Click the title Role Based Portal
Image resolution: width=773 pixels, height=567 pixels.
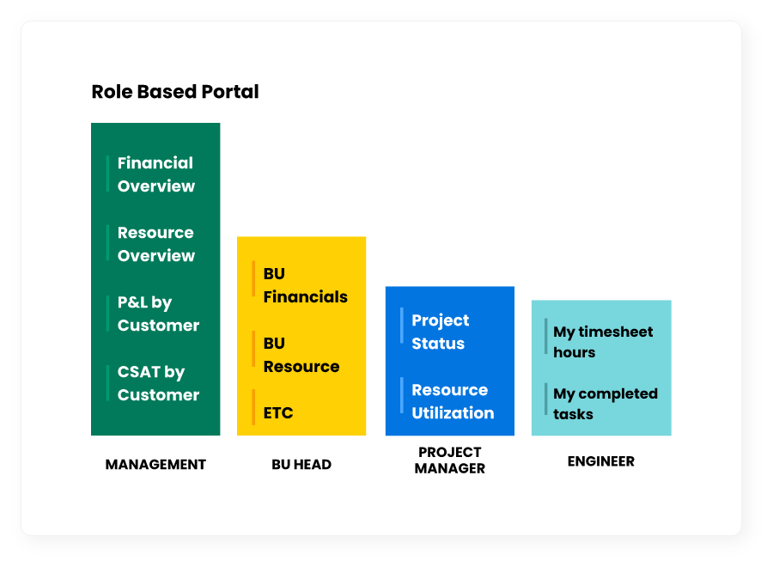pyautogui.click(x=175, y=92)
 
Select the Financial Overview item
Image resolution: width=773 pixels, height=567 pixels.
pyautogui.click(x=155, y=174)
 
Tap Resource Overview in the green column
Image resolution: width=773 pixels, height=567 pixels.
pyautogui.click(x=155, y=244)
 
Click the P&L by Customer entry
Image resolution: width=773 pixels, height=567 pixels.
pyautogui.click(x=158, y=314)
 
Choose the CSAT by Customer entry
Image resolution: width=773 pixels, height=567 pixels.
pyautogui.click(x=158, y=384)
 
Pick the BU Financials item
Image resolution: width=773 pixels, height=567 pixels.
pyautogui.click(x=305, y=285)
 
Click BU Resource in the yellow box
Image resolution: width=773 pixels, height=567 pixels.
pyautogui.click(x=301, y=355)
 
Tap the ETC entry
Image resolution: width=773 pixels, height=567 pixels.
pyautogui.click(x=278, y=412)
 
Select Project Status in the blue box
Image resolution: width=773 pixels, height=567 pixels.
pyautogui.click(x=441, y=332)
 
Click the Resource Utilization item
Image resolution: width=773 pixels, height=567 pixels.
pyautogui.click(x=453, y=401)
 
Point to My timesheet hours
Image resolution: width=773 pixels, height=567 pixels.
pyautogui.click(x=603, y=342)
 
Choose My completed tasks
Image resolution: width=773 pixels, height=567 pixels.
pyautogui.click(x=606, y=404)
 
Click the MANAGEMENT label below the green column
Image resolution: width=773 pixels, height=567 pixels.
pyautogui.click(x=155, y=465)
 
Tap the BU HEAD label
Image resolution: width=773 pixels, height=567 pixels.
pyautogui.click(x=301, y=465)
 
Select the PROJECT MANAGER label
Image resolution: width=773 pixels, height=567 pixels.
pyautogui.click(x=449, y=460)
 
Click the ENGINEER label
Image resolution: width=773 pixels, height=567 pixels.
pyautogui.click(x=601, y=461)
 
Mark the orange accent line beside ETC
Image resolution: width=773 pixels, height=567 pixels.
pyautogui.click(x=253, y=406)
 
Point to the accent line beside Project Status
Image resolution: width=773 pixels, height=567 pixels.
pyautogui.click(x=402, y=326)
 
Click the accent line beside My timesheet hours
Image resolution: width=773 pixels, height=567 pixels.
pyautogui.click(x=545, y=336)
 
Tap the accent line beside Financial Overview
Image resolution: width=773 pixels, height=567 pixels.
pyautogui.click(x=107, y=174)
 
